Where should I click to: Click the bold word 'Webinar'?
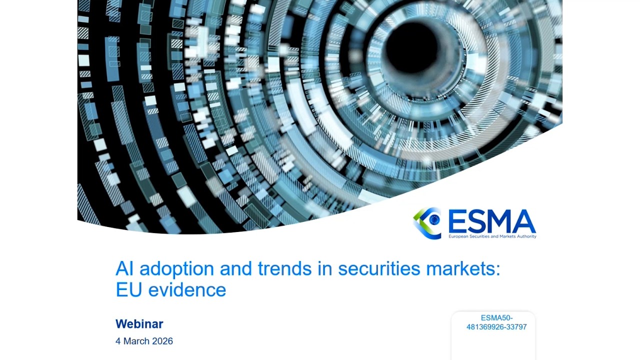click(x=139, y=324)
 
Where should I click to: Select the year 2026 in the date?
click(x=163, y=341)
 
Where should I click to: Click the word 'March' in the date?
click(x=137, y=341)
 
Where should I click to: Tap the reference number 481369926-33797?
click(x=496, y=327)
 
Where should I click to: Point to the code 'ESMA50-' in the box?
click(x=496, y=318)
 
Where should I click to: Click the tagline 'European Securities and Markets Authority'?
click(x=492, y=236)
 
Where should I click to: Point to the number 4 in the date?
click(x=118, y=341)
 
